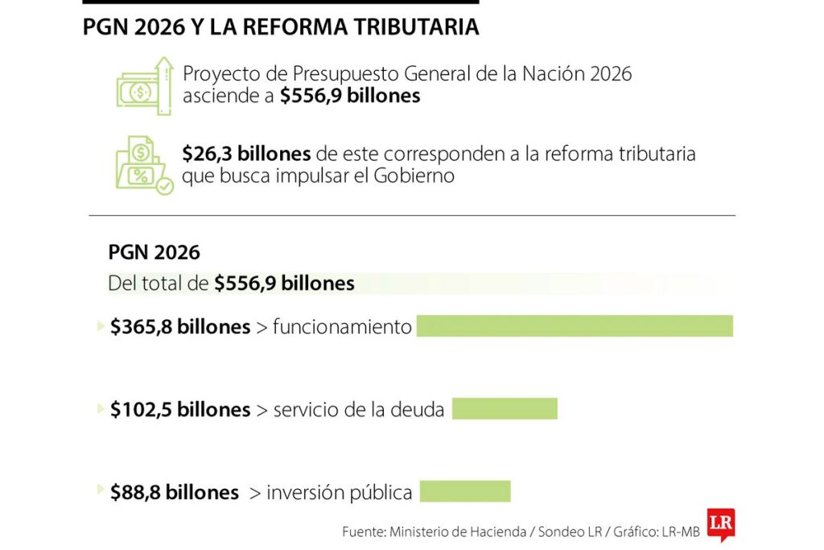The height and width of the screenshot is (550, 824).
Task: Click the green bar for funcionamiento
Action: tap(575, 325)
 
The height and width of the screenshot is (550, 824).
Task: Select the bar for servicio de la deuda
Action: tap(505, 408)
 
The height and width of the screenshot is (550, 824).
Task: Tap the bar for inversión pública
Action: tap(465, 491)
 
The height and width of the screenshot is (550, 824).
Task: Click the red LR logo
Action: tap(720, 523)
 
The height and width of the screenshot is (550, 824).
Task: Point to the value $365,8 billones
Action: tap(180, 327)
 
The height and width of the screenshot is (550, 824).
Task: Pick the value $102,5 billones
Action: tap(180, 409)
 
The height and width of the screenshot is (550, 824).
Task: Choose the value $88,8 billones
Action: tap(174, 492)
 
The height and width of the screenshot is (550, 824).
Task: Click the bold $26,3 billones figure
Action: tap(246, 153)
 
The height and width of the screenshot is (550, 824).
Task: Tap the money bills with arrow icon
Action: tap(144, 86)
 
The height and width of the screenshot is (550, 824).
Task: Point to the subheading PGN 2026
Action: tap(154, 252)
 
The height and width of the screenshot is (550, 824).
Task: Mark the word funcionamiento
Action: tap(342, 327)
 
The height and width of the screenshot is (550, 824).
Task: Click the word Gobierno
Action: tap(414, 176)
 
